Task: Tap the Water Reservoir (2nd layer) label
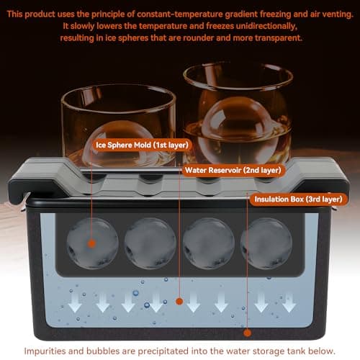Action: click(x=232, y=170)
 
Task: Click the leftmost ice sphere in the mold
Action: click(x=93, y=243)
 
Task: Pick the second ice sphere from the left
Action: click(x=150, y=243)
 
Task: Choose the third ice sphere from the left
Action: click(x=208, y=243)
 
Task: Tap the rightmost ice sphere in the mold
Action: click(x=265, y=243)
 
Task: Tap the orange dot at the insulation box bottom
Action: click(x=248, y=333)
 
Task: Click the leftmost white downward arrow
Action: click(x=75, y=302)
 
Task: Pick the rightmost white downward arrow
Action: click(x=288, y=302)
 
